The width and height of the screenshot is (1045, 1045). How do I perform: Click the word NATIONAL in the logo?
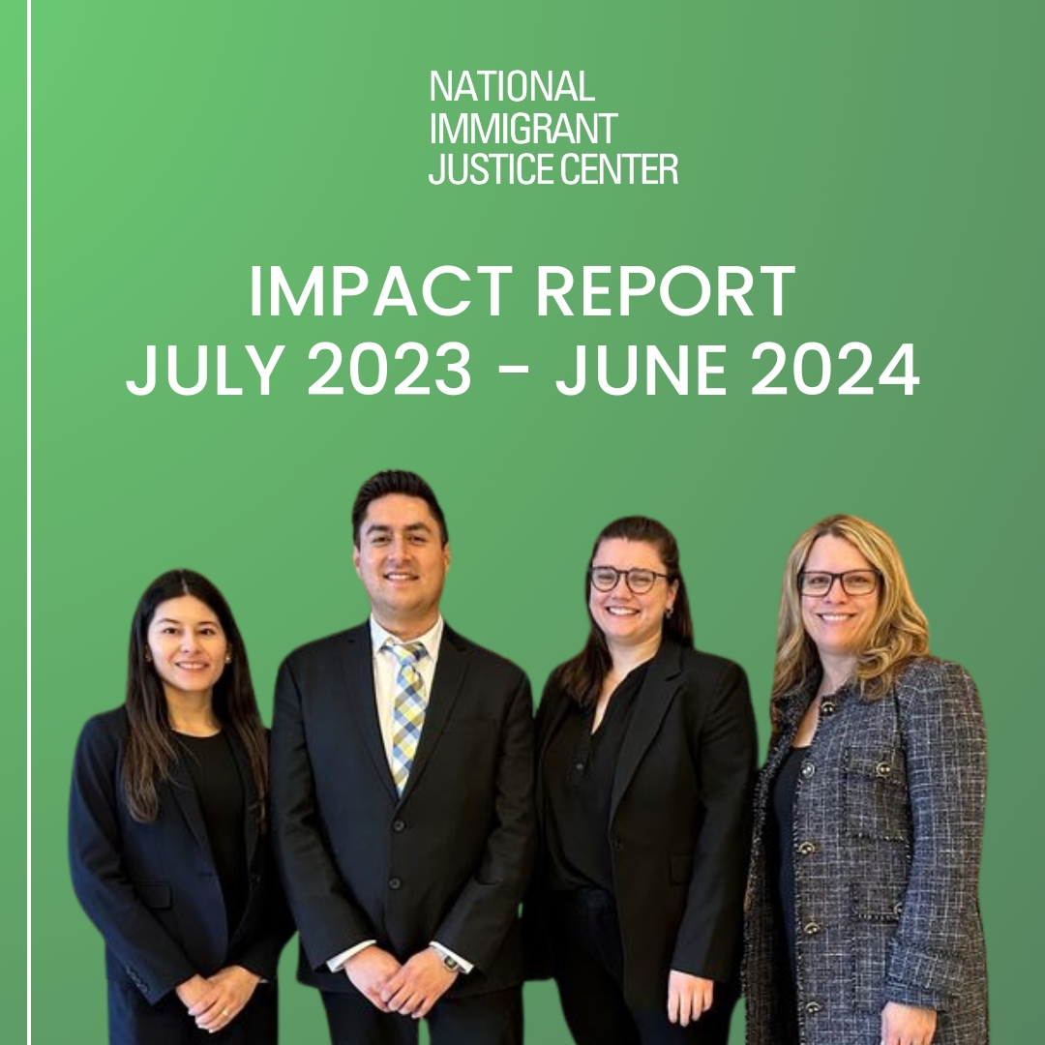(x=512, y=87)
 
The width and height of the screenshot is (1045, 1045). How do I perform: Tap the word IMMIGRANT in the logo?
(x=523, y=128)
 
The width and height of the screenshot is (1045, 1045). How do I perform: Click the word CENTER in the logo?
(x=618, y=168)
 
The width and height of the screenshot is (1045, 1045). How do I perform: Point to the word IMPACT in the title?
(x=380, y=291)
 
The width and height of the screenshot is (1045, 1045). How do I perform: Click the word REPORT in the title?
(x=666, y=291)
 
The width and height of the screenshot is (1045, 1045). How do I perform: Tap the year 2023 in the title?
(x=390, y=370)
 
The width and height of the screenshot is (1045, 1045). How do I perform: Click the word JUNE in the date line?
(x=641, y=370)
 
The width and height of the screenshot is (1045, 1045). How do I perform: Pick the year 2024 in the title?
(x=835, y=370)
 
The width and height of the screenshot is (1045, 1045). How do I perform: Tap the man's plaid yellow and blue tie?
(x=406, y=714)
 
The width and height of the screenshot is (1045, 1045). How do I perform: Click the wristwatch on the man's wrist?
(x=450, y=961)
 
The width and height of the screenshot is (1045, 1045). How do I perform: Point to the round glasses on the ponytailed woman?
(x=630, y=579)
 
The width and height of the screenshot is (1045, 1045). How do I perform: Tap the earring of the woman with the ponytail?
(x=668, y=612)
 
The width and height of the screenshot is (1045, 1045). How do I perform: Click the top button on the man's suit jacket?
(x=399, y=826)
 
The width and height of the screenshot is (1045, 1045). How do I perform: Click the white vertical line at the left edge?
(x=29, y=522)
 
